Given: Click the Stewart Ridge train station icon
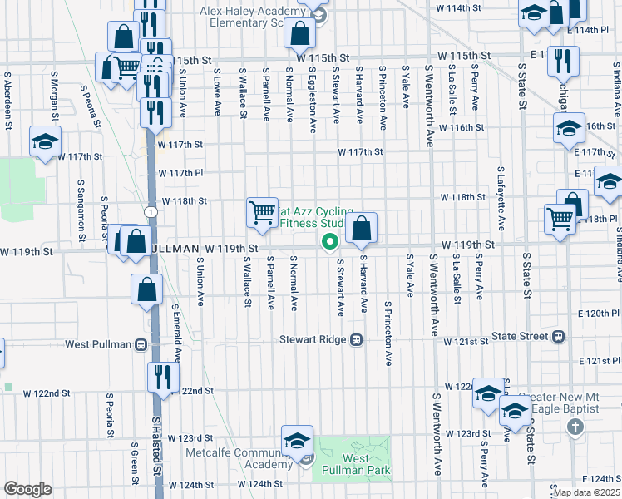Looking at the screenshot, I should coord(357,339).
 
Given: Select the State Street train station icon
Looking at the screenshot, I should coord(558,337).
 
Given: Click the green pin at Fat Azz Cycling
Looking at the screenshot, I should coord(329,242).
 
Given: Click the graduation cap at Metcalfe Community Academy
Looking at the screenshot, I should coord(296,441).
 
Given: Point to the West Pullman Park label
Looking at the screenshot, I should coord(356,464).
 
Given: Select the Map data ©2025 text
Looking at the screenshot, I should coord(586,492).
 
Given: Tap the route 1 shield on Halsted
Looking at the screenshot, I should coord(149,212).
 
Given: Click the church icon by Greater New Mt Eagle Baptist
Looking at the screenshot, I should coord(574,427).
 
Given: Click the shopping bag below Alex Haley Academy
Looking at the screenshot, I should coord(299,34).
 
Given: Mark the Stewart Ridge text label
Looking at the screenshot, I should coord(313,339).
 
